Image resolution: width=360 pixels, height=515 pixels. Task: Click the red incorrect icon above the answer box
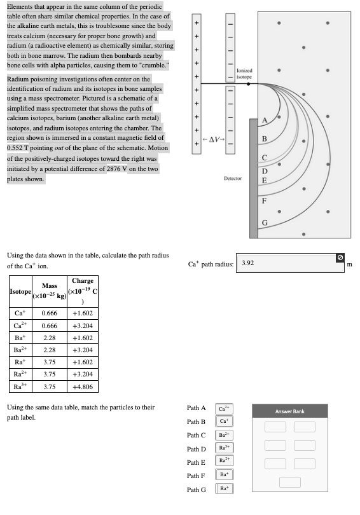pyautogui.click(x=340, y=257)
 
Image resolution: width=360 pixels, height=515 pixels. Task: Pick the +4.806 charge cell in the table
pyautogui.click(x=83, y=386)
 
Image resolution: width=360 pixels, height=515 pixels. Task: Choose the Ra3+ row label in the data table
pyautogui.click(x=20, y=386)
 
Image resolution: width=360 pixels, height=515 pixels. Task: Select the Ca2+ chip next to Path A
pyautogui.click(x=225, y=409)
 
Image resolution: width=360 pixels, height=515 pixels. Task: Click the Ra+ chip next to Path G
pyautogui.click(x=225, y=489)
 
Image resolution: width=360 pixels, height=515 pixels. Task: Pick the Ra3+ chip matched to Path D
pyautogui.click(x=225, y=448)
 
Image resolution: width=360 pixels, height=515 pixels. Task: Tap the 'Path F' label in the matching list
pyautogui.click(x=197, y=476)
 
